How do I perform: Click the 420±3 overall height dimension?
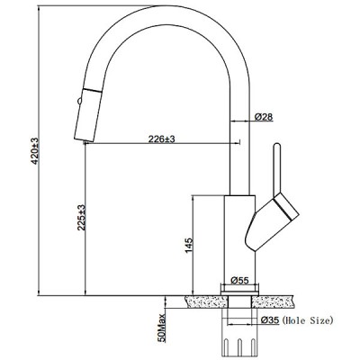coord(35,151)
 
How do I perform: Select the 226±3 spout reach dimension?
coord(161,139)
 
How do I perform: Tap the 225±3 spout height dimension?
coord(82,218)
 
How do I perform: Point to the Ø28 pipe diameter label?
coord(264,117)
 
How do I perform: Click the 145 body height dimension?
coord(188,246)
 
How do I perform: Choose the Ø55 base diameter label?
coord(240,281)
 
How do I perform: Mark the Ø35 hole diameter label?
coord(270,320)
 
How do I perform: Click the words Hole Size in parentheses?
coord(308,320)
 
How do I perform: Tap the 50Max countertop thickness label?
coord(161,328)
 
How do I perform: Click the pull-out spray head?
coord(87,115)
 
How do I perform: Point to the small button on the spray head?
coord(79,101)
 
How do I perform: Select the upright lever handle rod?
coord(276,169)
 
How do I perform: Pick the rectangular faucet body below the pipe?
coord(239,238)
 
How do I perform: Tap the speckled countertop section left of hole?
coord(206,301)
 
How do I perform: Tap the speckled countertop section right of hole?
coord(272,301)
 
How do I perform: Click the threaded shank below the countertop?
coord(239,332)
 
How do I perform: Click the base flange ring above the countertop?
coord(239,289)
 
